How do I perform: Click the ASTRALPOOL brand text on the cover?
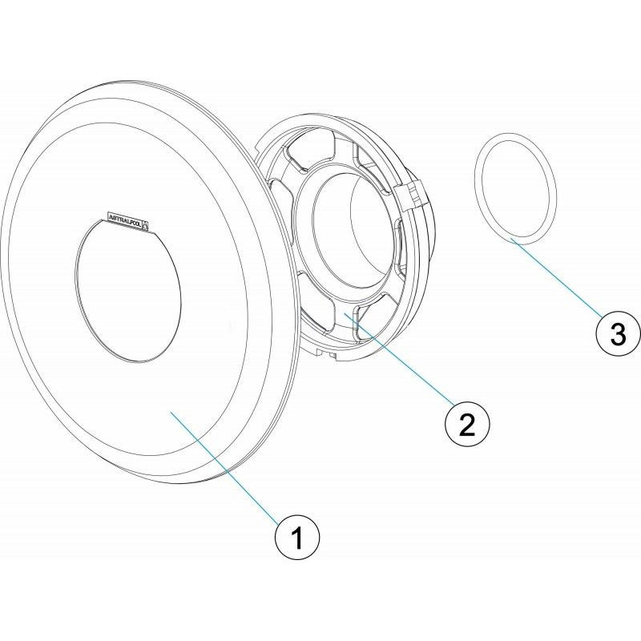123,219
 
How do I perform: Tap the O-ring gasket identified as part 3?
478,160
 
